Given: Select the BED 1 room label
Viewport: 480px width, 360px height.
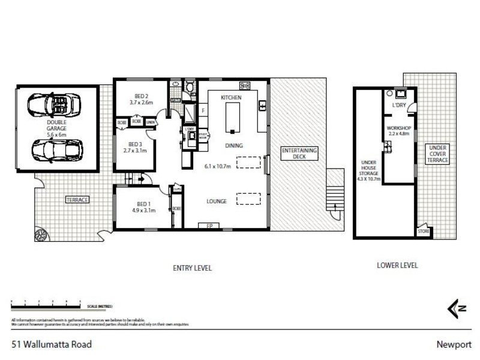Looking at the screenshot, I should click(x=143, y=207).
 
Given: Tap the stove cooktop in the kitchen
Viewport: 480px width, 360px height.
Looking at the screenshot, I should click(x=244, y=85).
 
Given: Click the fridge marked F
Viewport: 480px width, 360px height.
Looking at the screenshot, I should click(x=204, y=111).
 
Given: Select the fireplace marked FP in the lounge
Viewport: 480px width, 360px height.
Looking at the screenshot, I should click(x=210, y=226).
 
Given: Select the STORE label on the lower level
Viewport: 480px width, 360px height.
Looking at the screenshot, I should click(x=423, y=231).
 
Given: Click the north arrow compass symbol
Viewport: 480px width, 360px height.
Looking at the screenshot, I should click(x=457, y=308).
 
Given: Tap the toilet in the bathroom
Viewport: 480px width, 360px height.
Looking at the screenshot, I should click(x=190, y=88).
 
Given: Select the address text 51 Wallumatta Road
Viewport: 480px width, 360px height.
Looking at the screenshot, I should click(x=51, y=344).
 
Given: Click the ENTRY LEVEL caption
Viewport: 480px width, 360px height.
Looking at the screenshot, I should click(x=192, y=268).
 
